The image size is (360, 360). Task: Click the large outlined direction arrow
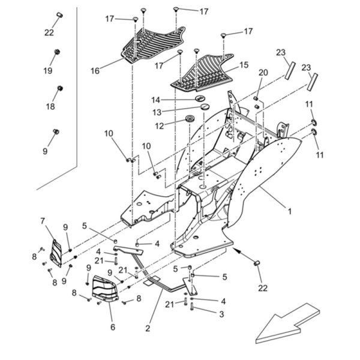288,324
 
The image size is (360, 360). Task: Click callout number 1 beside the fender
290,211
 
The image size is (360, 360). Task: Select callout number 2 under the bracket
148,328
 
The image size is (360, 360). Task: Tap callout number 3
221,314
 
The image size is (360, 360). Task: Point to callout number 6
113,327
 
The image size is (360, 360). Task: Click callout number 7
43,221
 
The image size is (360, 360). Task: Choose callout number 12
160,125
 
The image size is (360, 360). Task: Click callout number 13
157,113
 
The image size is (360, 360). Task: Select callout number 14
155,100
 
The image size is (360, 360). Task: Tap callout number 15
244,65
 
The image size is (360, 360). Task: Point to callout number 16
95,71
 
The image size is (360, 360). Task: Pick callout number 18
50,107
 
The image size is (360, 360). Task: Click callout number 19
48,71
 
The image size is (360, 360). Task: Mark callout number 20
263,73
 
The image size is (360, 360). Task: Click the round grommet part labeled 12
190,119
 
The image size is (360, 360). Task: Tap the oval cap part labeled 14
200,98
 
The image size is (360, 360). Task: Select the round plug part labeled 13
205,107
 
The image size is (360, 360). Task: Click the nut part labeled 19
56,52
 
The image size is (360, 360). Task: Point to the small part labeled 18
60,88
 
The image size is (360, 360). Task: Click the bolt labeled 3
192,307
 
